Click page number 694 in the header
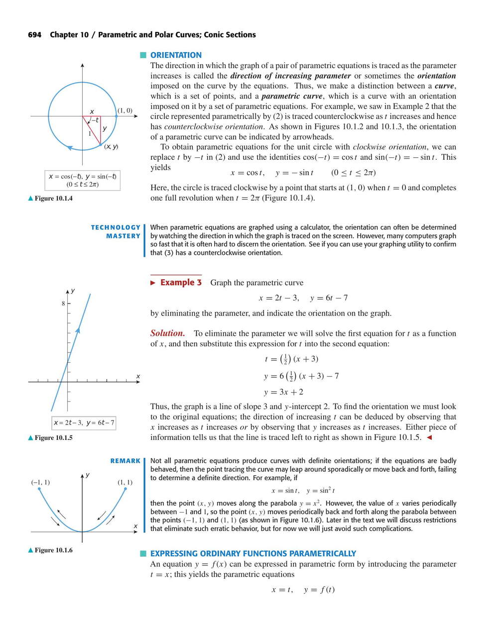(34, 35)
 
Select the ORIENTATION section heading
(176, 55)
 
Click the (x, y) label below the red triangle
(111, 147)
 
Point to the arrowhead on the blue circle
(70, 147)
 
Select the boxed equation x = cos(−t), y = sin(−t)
(83, 180)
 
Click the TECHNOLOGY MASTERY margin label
(116, 231)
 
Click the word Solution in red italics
(167, 333)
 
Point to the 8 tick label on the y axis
(63, 304)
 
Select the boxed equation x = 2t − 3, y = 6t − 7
(84, 423)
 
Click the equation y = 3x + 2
(283, 392)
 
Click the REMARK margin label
(125, 461)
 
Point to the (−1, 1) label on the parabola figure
(40, 482)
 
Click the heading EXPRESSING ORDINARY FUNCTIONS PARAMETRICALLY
(253, 553)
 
